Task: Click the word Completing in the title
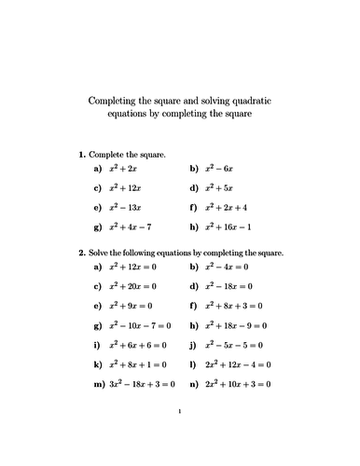(x=111, y=101)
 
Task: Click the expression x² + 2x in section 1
(x=122, y=170)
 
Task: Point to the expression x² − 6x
(x=217, y=170)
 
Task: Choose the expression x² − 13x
(x=125, y=207)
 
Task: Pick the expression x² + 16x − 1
(x=228, y=226)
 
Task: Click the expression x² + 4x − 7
(x=130, y=226)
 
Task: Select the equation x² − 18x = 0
(x=228, y=285)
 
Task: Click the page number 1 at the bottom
(x=179, y=435)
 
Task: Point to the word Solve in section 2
(x=100, y=252)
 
